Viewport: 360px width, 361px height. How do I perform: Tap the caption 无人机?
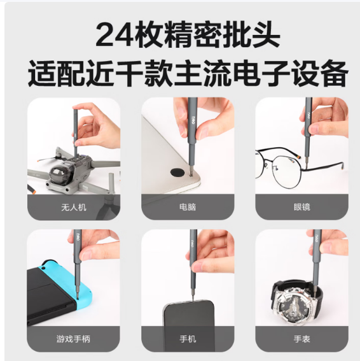click(74, 207)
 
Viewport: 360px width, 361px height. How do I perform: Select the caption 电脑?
click(188, 207)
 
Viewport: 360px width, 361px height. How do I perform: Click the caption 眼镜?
click(301, 207)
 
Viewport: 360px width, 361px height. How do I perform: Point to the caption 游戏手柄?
click(73, 339)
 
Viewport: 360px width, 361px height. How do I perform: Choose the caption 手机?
click(188, 339)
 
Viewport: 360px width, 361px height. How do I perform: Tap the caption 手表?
click(301, 339)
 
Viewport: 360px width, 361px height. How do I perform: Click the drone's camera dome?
click(59, 174)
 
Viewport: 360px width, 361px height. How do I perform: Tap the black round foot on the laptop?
click(177, 172)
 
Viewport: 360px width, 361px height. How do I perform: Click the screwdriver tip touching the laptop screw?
click(190, 174)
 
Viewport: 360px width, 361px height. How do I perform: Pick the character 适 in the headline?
click(42, 73)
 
